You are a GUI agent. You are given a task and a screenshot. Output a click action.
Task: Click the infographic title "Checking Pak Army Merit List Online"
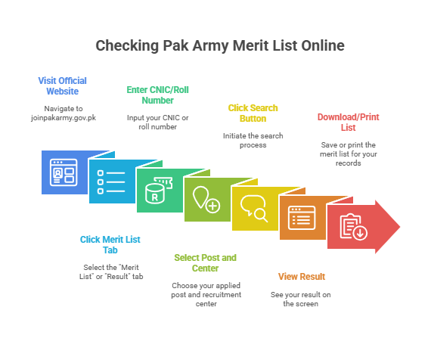220,45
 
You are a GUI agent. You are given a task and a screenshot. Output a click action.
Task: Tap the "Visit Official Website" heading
63,85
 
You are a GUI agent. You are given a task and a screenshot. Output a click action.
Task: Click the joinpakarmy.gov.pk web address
64,118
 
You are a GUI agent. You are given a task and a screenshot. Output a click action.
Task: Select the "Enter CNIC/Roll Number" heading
157,95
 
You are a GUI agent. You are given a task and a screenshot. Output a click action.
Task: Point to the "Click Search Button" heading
253,113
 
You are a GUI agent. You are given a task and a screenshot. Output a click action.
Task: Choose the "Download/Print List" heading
349,122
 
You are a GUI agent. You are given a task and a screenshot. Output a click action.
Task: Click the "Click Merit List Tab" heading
110,244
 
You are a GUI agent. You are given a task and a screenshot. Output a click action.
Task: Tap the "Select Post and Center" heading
206,262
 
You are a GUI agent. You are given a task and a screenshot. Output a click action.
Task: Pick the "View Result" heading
302,276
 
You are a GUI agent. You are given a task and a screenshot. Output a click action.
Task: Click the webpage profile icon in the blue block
64,172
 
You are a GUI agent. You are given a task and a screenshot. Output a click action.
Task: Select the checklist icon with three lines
111,182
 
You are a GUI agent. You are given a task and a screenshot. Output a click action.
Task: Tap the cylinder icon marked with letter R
159,191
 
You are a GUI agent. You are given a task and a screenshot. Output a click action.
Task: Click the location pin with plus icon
206,200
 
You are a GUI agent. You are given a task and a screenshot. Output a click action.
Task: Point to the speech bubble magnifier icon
254,209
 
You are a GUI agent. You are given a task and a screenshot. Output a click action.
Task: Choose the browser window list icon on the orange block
302,218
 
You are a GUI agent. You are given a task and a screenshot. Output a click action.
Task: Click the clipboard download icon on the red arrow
353,227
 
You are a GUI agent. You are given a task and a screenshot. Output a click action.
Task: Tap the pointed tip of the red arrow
400,227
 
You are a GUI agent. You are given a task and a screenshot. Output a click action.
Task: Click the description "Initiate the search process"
253,140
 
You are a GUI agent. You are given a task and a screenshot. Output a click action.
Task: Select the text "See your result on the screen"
301,299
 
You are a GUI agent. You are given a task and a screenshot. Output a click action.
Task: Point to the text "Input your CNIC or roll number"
158,122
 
